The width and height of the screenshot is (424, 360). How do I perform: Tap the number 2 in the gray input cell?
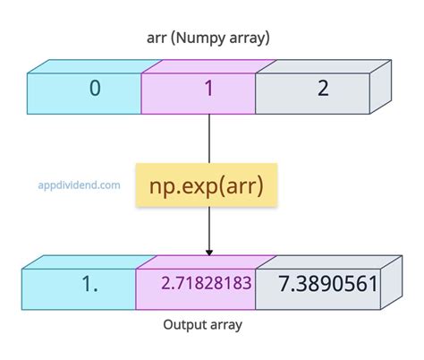[x=323, y=89]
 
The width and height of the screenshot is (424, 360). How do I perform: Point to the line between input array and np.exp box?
[x=209, y=135]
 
